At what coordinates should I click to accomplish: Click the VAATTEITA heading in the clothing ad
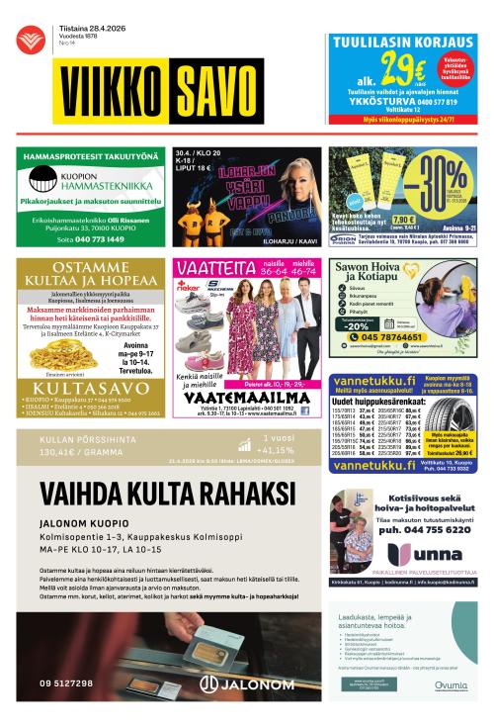[x=209, y=267]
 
